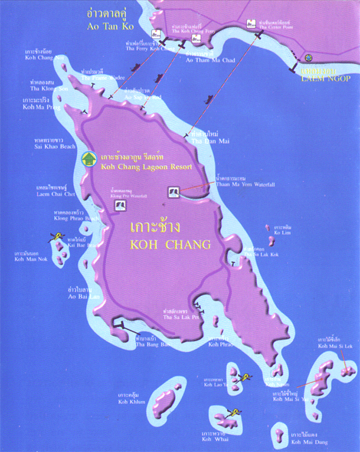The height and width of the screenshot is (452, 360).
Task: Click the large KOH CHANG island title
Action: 170,245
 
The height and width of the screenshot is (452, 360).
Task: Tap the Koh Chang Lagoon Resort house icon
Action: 88,159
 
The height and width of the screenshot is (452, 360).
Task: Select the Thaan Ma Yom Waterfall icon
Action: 173,192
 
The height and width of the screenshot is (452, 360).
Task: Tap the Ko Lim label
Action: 283,233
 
